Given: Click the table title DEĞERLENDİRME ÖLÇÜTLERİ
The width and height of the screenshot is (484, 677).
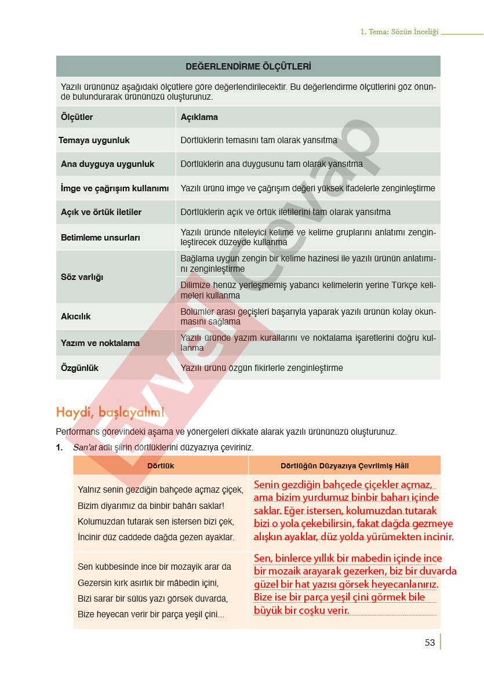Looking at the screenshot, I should click(x=248, y=67).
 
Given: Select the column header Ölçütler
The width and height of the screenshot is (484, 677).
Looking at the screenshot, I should click(x=77, y=117).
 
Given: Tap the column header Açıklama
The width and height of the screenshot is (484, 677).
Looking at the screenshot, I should click(x=199, y=117).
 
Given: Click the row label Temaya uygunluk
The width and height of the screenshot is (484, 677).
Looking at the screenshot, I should click(x=94, y=140).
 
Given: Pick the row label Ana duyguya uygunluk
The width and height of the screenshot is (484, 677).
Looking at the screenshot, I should click(x=107, y=164).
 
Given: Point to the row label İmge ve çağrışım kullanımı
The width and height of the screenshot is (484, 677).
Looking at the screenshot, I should click(x=115, y=188).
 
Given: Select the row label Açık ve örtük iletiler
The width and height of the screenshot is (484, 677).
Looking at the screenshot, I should click(x=101, y=212).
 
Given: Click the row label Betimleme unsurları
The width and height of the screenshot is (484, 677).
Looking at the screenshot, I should click(x=100, y=238).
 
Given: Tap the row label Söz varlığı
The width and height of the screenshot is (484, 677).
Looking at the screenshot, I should click(x=82, y=277).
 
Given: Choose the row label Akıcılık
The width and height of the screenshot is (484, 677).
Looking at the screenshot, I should click(x=76, y=316).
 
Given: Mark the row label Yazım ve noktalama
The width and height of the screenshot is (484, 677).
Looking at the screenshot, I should click(x=100, y=343).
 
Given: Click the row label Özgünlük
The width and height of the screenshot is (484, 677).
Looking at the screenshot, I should click(x=79, y=368).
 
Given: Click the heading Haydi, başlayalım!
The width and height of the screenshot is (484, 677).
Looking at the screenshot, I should click(x=111, y=412).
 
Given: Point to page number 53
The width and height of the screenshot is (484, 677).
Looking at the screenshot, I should click(x=430, y=642).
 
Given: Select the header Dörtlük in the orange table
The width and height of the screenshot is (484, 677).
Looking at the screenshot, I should click(x=161, y=465).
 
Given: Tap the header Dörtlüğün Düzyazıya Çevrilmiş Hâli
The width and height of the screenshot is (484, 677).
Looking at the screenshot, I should click(x=344, y=465).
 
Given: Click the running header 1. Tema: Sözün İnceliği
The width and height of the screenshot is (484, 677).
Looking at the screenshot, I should click(x=399, y=32).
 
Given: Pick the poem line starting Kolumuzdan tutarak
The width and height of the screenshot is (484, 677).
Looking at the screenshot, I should click(x=155, y=521).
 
